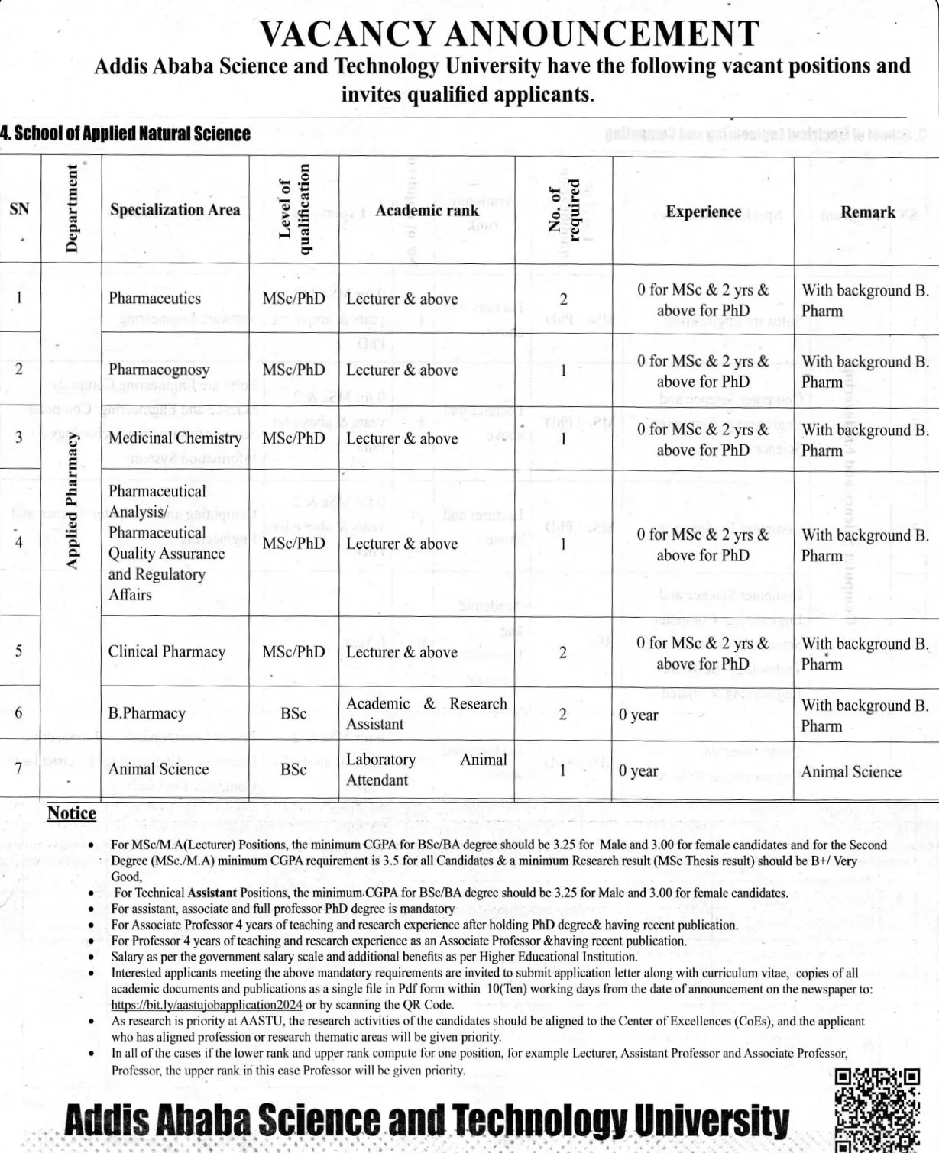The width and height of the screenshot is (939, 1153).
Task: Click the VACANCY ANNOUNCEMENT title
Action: pos(509,34)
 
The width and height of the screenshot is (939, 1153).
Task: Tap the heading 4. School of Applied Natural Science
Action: pos(125,134)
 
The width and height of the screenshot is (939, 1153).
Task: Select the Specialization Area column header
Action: pos(175,210)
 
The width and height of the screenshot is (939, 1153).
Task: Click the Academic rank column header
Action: pos(427,211)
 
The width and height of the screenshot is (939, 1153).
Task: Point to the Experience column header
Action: pos(703,212)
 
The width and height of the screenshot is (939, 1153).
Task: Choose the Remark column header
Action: pos(868,212)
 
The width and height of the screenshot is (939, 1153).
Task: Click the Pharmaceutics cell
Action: pos(155,299)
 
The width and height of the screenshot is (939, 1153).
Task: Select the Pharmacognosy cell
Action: pos(159,370)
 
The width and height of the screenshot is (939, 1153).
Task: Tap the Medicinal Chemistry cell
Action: pos(175,438)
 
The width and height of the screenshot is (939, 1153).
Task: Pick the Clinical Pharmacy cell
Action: pos(167,652)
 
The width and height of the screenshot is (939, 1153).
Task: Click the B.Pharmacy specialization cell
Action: pos(147,714)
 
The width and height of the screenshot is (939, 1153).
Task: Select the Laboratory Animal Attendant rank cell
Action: pos(426,770)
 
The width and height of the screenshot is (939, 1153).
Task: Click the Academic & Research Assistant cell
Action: pos(426,714)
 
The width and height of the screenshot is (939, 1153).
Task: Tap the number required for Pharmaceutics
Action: pos(563,299)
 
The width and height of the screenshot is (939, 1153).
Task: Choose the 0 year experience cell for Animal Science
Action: pos(639,771)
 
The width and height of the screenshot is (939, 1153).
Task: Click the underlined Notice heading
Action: pos(72,814)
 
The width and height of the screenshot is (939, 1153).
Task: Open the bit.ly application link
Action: pos(206,1006)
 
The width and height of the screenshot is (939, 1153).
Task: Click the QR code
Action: pos(876,1111)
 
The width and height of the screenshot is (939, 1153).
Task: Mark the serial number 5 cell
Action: pos(19,651)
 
